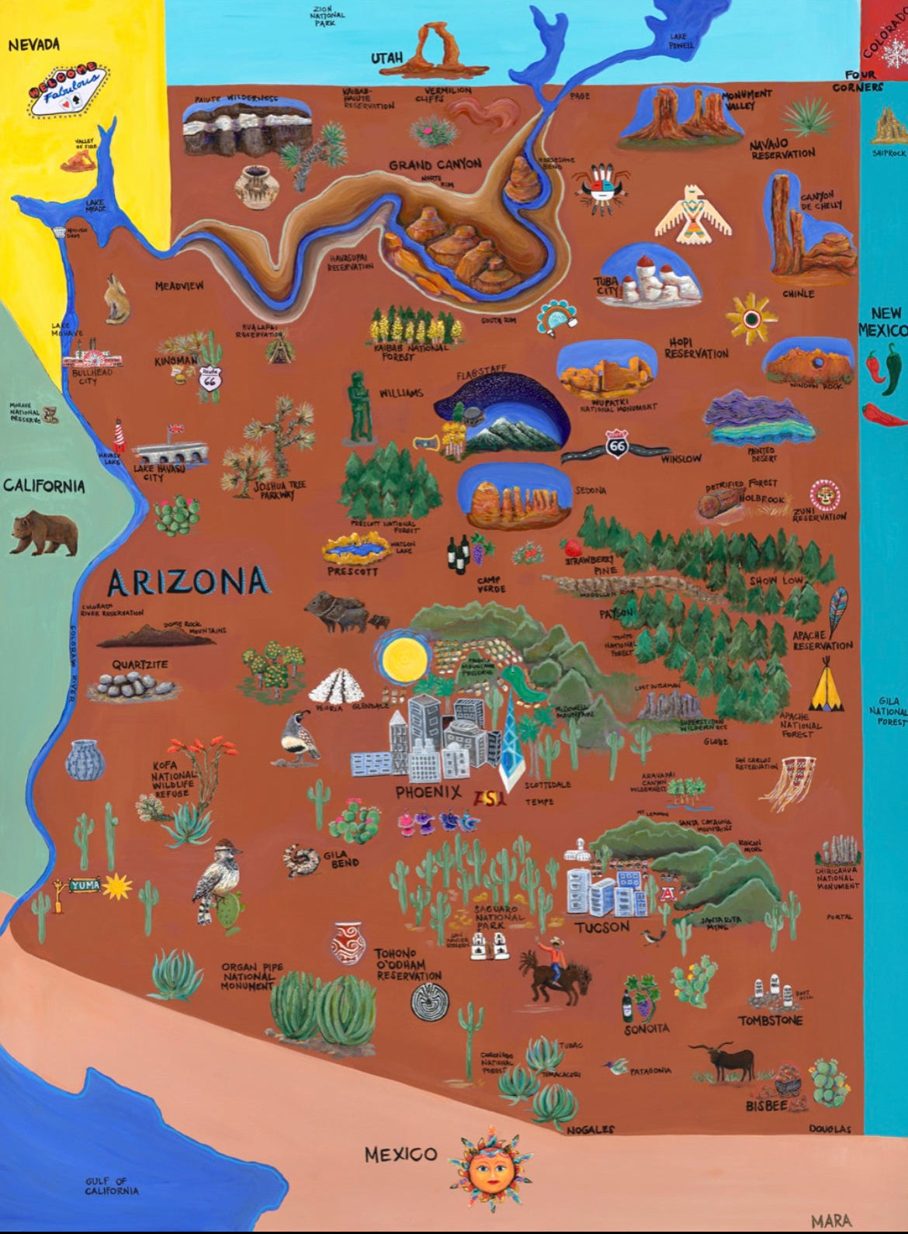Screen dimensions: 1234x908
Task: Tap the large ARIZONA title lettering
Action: [188, 581]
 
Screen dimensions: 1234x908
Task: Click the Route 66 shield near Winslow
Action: [616, 446]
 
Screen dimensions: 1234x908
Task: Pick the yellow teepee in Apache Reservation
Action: [827, 687]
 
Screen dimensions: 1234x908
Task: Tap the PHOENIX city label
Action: [428, 792]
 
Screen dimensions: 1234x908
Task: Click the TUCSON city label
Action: [602, 927]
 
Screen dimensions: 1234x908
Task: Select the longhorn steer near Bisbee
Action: [726, 1060]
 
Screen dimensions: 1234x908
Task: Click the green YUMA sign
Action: [85, 884]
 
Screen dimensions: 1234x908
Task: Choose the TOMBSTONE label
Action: [770, 1020]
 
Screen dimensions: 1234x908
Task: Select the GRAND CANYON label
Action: [435, 165]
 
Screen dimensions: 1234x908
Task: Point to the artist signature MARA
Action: [831, 1221]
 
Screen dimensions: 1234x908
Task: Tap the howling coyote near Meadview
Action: [116, 298]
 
